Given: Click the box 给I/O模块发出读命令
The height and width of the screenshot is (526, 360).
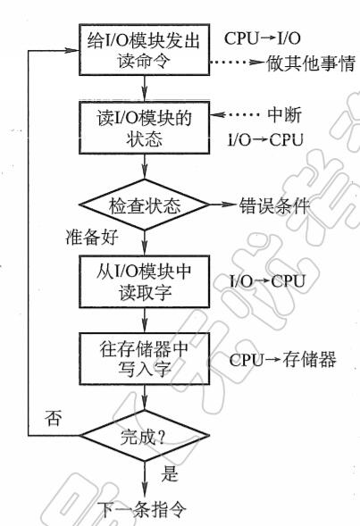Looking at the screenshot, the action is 145,50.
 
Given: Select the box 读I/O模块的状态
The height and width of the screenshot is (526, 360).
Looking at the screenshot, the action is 145,128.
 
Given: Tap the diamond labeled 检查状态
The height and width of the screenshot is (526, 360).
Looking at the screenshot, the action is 145,205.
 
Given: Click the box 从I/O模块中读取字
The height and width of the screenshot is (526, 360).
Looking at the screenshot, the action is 145,281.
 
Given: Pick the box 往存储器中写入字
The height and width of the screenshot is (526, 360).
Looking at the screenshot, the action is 145,359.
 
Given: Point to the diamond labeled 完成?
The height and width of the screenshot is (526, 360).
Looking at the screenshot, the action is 145,436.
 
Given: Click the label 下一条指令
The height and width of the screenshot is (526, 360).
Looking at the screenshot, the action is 142,510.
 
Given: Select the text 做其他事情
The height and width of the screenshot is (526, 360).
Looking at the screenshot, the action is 311,63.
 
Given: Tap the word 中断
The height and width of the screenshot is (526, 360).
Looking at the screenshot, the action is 284,115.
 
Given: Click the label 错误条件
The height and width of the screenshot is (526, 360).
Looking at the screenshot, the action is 274,205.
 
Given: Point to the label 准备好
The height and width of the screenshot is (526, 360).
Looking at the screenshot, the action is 92,238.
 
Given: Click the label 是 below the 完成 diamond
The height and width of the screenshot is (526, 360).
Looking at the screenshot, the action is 170,473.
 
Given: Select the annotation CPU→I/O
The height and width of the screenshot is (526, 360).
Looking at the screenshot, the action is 263,38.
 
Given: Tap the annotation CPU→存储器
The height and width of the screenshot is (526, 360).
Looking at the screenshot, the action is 282,360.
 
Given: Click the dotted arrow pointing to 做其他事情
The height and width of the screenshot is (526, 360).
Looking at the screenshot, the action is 237,62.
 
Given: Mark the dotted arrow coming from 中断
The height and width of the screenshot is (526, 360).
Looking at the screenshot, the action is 236,114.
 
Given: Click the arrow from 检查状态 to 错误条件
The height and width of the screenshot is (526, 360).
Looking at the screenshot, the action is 223,205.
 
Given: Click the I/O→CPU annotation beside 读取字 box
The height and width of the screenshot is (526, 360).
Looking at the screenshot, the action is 267,281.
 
